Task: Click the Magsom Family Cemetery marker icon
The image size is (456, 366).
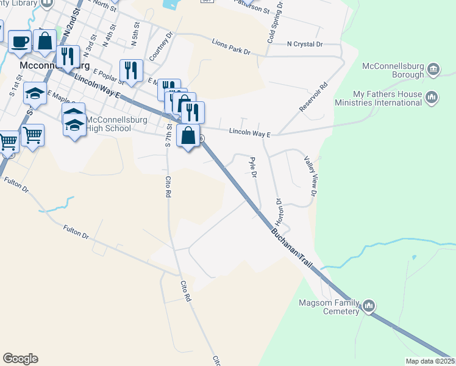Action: pos(368,306)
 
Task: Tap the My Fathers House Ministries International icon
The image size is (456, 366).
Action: pos(432,98)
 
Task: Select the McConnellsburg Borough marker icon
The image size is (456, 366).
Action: pos(433,70)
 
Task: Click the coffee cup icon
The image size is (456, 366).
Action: pos(20,41)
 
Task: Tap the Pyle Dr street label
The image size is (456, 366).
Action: pos(252,168)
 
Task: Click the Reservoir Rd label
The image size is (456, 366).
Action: pos(314,96)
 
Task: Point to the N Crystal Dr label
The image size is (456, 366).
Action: pos(304,45)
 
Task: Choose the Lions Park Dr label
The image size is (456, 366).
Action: pos(231,46)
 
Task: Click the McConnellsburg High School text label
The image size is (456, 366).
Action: pos(109,124)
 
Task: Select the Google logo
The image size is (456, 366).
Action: pos(20,359)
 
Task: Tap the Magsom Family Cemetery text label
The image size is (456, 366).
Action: pos(328,307)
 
